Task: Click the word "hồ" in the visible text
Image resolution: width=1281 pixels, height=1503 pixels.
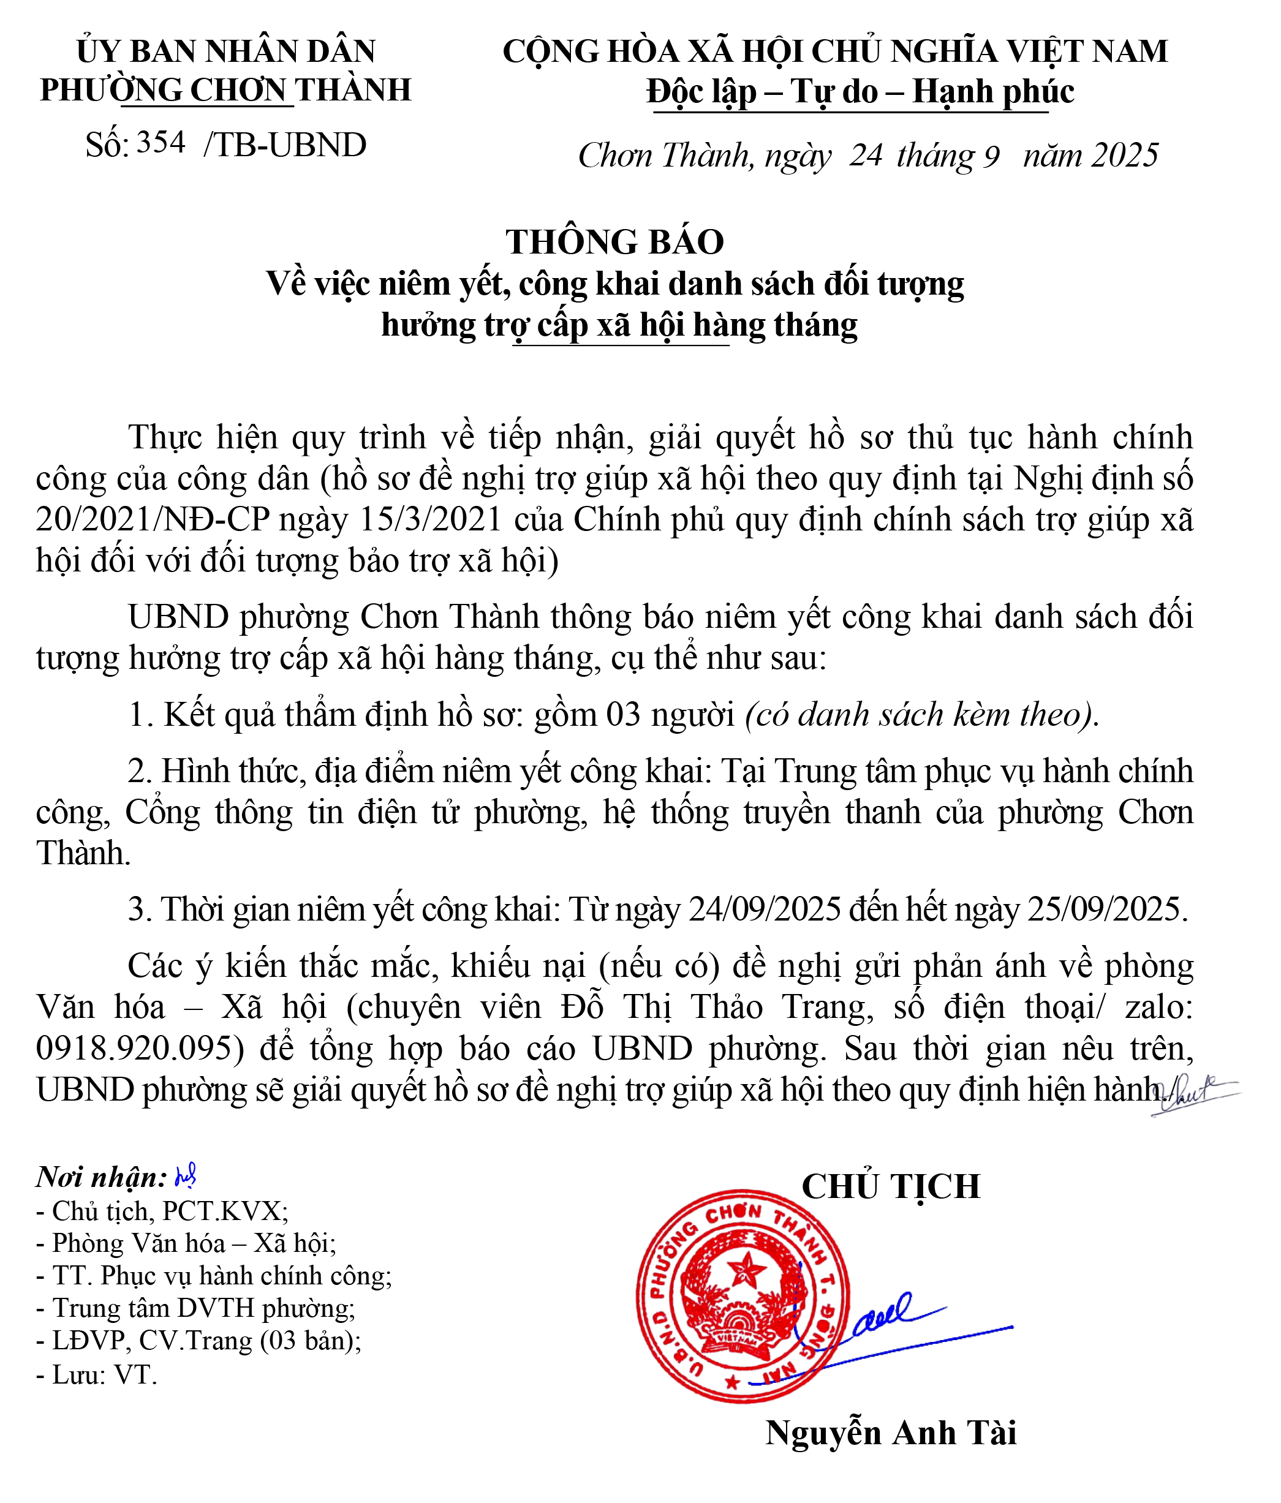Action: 826,437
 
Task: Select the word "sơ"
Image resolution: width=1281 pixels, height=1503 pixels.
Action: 875,437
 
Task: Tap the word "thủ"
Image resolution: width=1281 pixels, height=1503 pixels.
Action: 930,437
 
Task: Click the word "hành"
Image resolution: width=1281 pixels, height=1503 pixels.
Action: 1062,437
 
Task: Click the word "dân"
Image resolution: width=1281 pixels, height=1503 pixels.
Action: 283,478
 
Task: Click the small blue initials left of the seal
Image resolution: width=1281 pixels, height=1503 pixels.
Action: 185,1177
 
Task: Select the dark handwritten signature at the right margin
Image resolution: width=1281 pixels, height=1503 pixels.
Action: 1190,1094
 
